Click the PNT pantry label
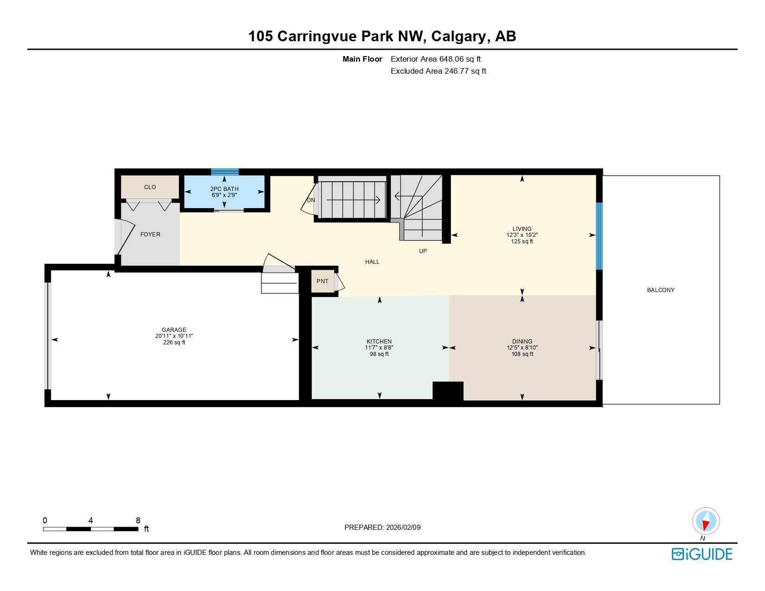pyautogui.click(x=322, y=281)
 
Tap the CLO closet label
pyautogui.click(x=150, y=187)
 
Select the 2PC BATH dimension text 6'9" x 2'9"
pyautogui.click(x=224, y=195)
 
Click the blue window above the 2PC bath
pyautogui.click(x=225, y=172)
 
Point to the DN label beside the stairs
pyautogui.click(x=311, y=200)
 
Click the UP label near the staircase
pyautogui.click(x=423, y=251)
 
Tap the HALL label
pyautogui.click(x=372, y=262)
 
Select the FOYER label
pyautogui.click(x=150, y=235)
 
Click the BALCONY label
pyautogui.click(x=661, y=290)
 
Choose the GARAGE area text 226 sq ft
pyautogui.click(x=174, y=343)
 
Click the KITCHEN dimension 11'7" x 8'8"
pyautogui.click(x=379, y=348)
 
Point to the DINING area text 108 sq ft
pyautogui.click(x=522, y=354)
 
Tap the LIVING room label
pyautogui.click(x=522, y=229)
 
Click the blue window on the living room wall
pyautogui.click(x=599, y=236)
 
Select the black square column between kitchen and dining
pyautogui.click(x=448, y=391)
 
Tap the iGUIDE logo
pyautogui.click(x=702, y=554)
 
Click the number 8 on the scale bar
pyautogui.click(x=138, y=521)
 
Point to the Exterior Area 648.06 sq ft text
pyautogui.click(x=435, y=59)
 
